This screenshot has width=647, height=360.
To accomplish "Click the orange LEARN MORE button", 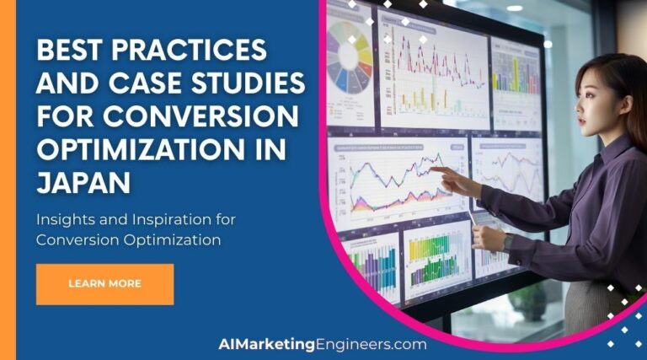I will pos(104,284).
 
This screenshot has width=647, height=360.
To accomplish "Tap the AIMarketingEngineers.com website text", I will pos(322,344).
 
